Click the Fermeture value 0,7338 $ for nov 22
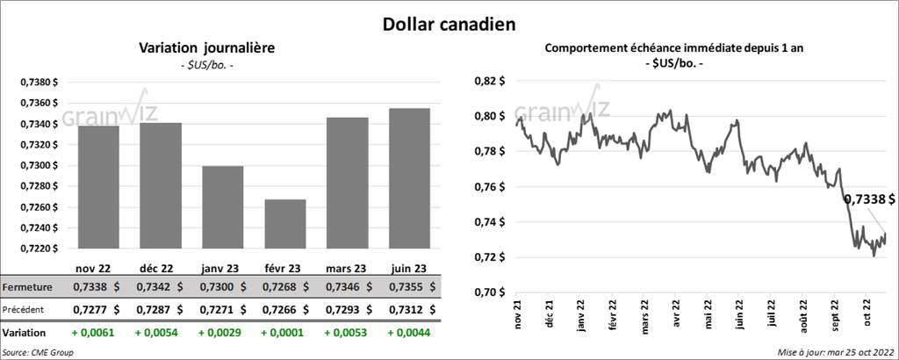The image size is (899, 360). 97,287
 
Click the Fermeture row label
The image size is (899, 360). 27,287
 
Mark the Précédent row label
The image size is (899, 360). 27,310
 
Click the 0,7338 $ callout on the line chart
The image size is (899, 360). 869,200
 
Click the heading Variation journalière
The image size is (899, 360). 206,47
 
